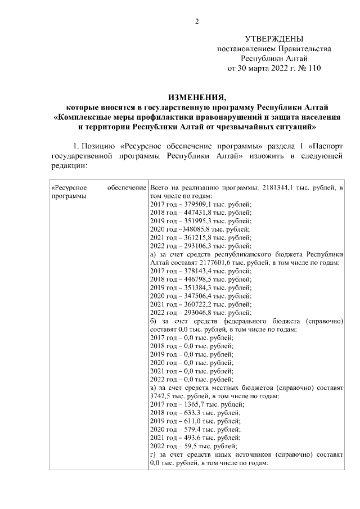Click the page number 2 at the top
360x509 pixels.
(197, 22)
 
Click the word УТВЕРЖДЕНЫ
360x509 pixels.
(274, 39)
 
